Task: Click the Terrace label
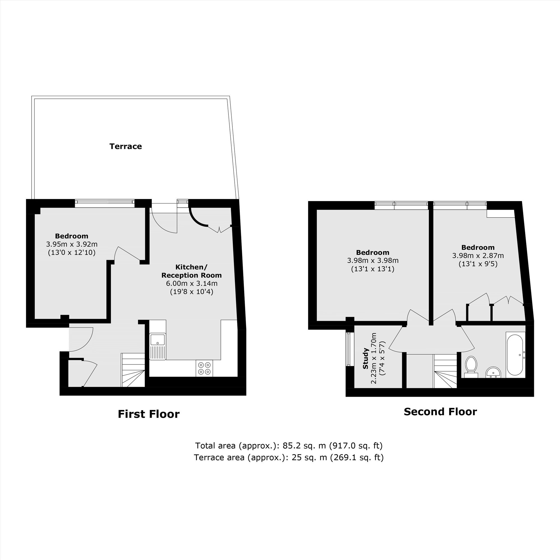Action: click(x=125, y=146)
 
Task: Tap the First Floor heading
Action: click(x=149, y=414)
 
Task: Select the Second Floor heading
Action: click(x=440, y=412)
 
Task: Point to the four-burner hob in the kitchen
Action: click(x=204, y=368)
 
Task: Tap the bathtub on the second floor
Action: click(x=515, y=355)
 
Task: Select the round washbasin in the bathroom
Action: click(x=493, y=372)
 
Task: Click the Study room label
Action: click(x=366, y=359)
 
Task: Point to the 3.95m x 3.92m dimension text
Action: click(x=72, y=244)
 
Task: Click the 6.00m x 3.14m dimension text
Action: click(x=192, y=283)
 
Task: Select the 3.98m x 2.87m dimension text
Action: click(x=478, y=256)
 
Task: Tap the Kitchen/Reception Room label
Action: click(x=192, y=271)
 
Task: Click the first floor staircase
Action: click(x=133, y=370)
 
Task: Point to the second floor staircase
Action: click(x=445, y=371)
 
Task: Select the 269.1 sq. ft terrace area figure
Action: click(x=357, y=458)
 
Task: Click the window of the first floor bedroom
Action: click(x=105, y=203)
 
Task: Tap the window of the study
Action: click(x=348, y=349)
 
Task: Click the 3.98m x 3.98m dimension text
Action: click(x=373, y=261)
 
